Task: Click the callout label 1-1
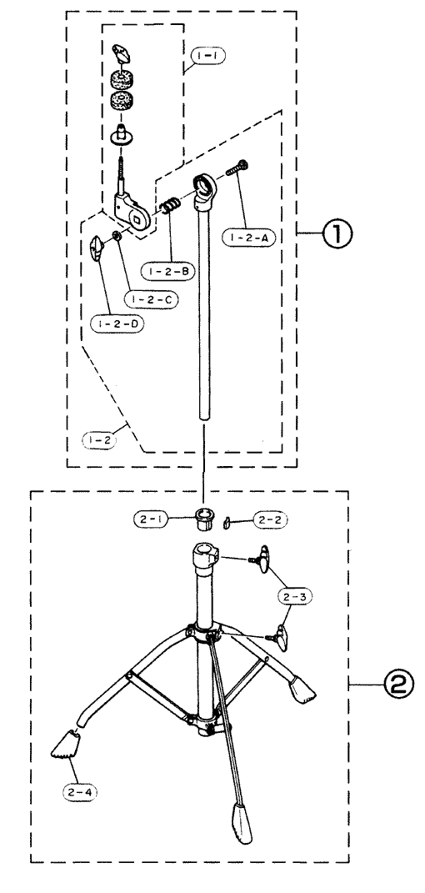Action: pos(207,57)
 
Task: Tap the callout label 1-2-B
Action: pos(169,272)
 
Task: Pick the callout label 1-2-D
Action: pos(117,324)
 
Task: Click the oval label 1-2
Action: pos(98,439)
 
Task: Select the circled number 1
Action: pos(336,234)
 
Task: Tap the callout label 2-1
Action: pos(149,519)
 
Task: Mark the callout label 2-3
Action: pos(295,596)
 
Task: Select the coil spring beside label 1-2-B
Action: pos(170,205)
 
